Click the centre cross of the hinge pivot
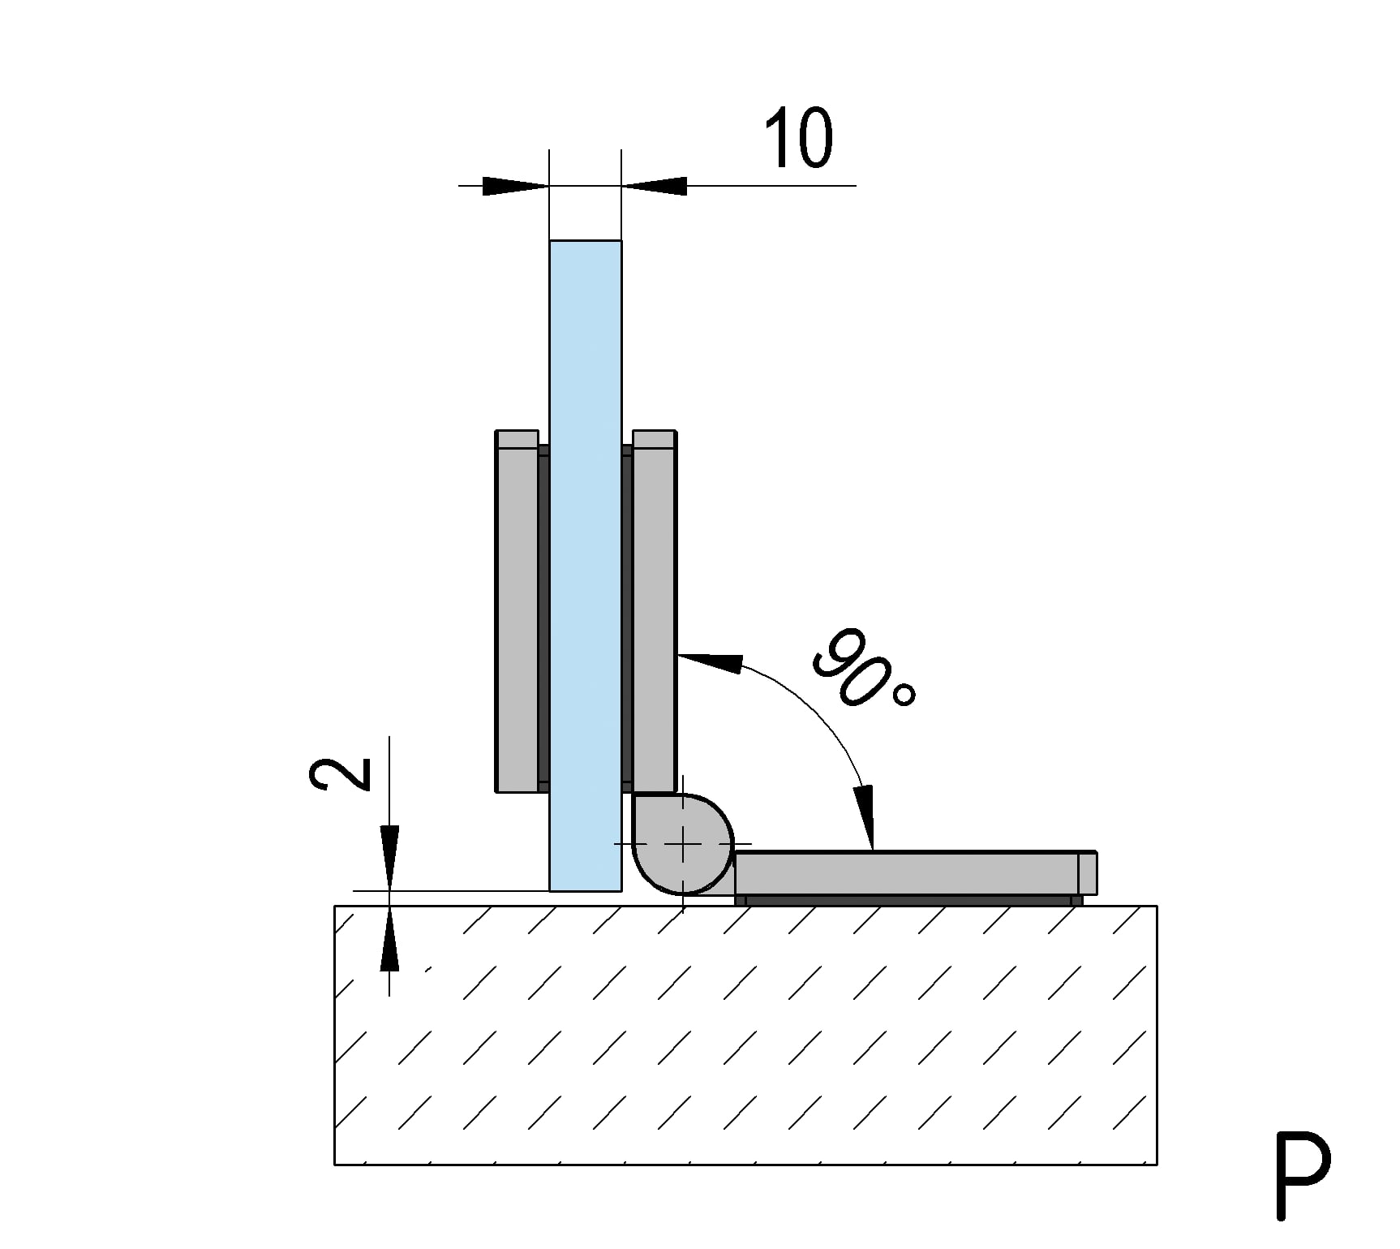684,845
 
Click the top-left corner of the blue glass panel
550,240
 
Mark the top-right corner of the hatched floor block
1157,907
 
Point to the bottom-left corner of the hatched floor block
334,1165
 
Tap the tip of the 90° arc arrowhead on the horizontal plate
872,850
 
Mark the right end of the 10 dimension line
856,186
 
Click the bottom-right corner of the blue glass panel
622,891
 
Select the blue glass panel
586,566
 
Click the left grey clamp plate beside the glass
517,611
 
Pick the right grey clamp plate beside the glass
654,611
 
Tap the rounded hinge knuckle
682,844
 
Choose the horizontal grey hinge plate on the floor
916,872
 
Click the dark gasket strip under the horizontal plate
908,900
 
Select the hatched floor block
745,1036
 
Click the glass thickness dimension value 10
799,138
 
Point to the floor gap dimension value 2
341,774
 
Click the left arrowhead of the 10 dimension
516,186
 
